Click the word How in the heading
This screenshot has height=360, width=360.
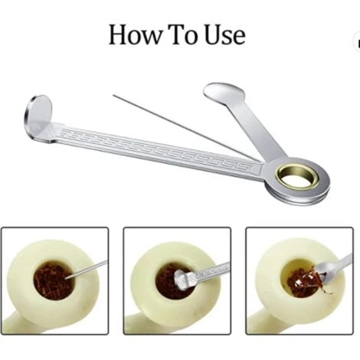tap(136, 35)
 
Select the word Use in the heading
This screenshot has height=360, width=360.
tap(225, 35)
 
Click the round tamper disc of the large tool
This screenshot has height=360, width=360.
tap(38, 117)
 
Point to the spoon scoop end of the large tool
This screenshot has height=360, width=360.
tap(224, 93)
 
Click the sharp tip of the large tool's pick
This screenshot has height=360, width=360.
tap(114, 96)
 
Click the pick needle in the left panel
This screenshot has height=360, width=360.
tap(87, 270)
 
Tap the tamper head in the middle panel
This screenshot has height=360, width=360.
tap(181, 280)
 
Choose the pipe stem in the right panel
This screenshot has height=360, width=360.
tap(263, 324)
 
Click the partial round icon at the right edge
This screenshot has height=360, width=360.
tap(357, 42)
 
